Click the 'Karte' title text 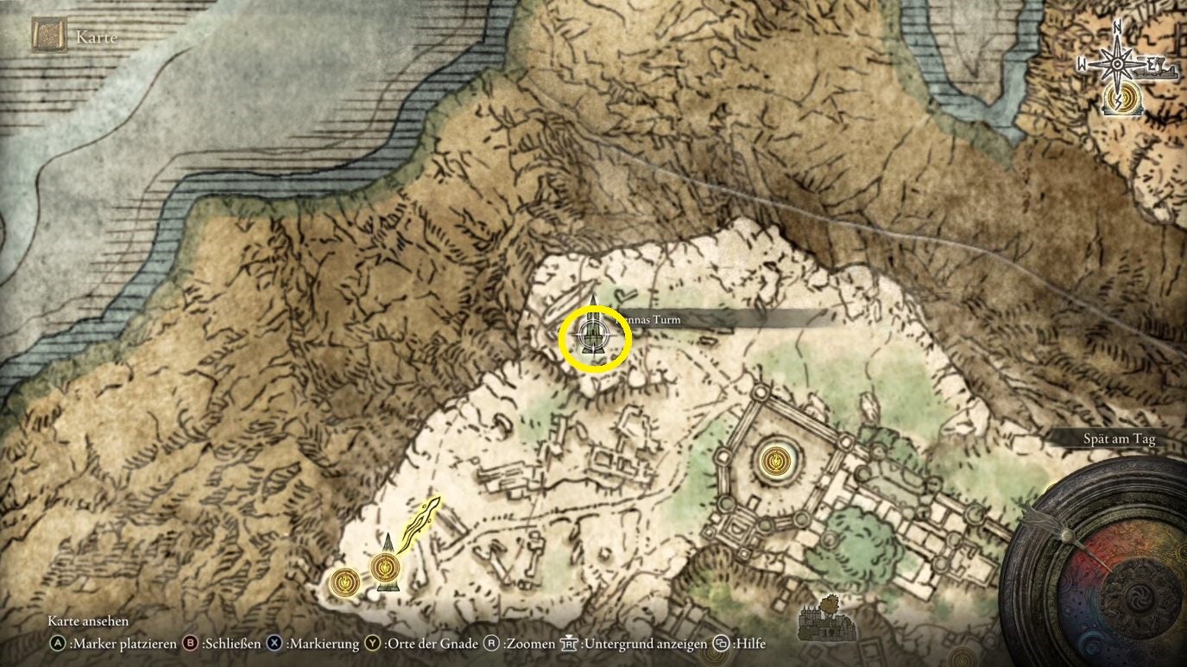pos(97,37)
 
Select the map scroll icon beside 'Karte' pos(49,36)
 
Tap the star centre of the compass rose pos(1118,65)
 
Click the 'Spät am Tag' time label pos(1119,439)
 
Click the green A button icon pos(58,644)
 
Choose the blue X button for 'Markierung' pos(275,644)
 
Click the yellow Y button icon pos(372,644)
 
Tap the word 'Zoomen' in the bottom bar pos(530,644)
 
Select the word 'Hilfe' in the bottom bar pos(748,644)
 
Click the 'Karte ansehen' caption pos(88,621)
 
